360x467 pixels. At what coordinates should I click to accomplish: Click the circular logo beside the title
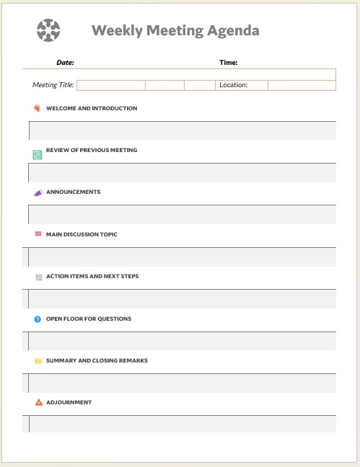48,30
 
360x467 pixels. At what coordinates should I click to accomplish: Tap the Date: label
65,63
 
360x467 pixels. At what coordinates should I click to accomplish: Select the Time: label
229,63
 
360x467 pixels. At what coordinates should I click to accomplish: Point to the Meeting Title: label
53,85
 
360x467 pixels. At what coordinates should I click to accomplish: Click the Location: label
233,85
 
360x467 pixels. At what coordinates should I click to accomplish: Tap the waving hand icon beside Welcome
38,109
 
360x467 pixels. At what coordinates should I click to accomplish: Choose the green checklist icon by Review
38,154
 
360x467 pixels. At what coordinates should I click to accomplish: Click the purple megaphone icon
38,193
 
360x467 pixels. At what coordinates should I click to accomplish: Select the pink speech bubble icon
38,234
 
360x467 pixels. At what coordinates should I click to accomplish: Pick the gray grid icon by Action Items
38,277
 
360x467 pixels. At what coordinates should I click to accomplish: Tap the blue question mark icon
38,319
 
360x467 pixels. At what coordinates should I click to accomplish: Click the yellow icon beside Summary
38,360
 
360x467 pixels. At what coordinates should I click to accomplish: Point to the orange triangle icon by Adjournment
38,402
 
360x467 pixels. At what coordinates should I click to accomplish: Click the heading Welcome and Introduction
92,109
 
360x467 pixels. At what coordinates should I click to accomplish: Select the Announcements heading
73,192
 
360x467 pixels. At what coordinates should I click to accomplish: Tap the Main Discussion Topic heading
82,234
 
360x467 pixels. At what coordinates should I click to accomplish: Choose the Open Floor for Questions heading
89,319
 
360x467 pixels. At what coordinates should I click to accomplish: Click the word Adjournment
69,402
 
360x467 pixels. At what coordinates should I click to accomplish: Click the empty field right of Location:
302,85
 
